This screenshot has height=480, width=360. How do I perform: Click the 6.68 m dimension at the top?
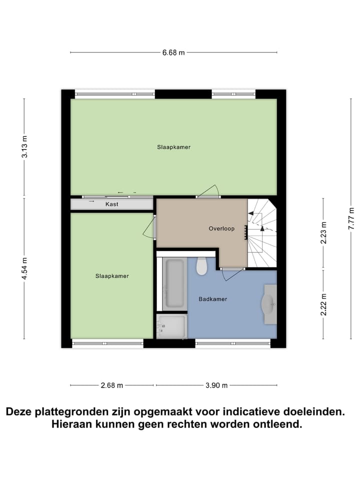pos(173,52)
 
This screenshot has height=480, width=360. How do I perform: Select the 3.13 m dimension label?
pos(24,148)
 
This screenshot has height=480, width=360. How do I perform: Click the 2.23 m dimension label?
pos(323,232)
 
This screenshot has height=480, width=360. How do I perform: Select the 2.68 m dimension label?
pos(111,385)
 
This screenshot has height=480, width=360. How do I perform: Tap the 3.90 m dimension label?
pos(216,385)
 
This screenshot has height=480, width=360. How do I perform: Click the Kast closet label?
pos(111,204)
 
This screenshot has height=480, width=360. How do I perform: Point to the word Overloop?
pos(221,228)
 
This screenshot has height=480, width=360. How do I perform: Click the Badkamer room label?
pos(212,299)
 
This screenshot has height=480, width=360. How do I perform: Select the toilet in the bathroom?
pos(201,266)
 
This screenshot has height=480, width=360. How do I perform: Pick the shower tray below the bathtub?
pos(171,326)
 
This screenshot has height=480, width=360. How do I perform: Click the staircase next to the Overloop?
pos(262,233)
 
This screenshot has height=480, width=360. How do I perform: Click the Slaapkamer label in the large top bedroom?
pos(173,147)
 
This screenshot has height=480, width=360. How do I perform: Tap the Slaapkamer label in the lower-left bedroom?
pos(112,276)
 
